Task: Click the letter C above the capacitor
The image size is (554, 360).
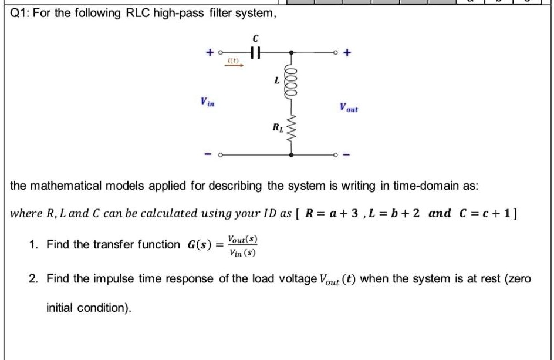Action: pos(254,38)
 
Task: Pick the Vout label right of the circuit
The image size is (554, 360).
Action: pos(349,108)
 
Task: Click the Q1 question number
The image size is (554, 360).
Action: pos(21,12)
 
